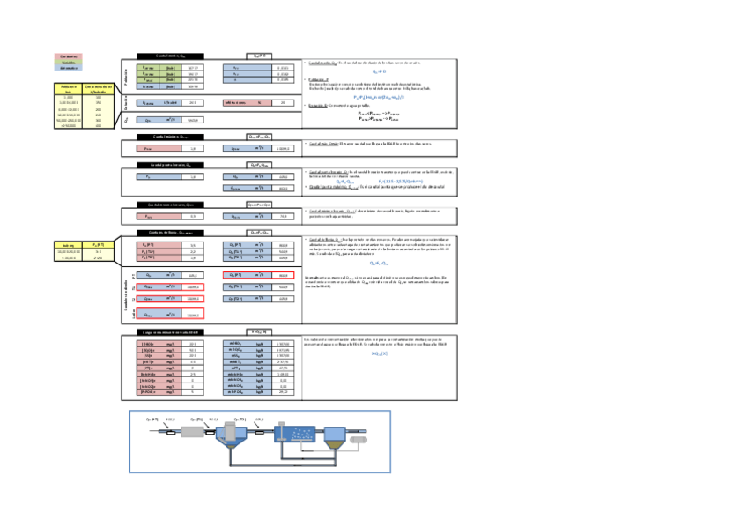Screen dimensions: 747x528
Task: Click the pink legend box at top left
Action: tap(69, 56)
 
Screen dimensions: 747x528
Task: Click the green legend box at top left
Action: tap(69, 62)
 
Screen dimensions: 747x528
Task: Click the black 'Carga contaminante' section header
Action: tap(171, 331)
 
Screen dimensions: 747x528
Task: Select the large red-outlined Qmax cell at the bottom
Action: tap(192, 314)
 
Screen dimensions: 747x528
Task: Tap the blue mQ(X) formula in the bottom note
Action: tap(373, 353)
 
